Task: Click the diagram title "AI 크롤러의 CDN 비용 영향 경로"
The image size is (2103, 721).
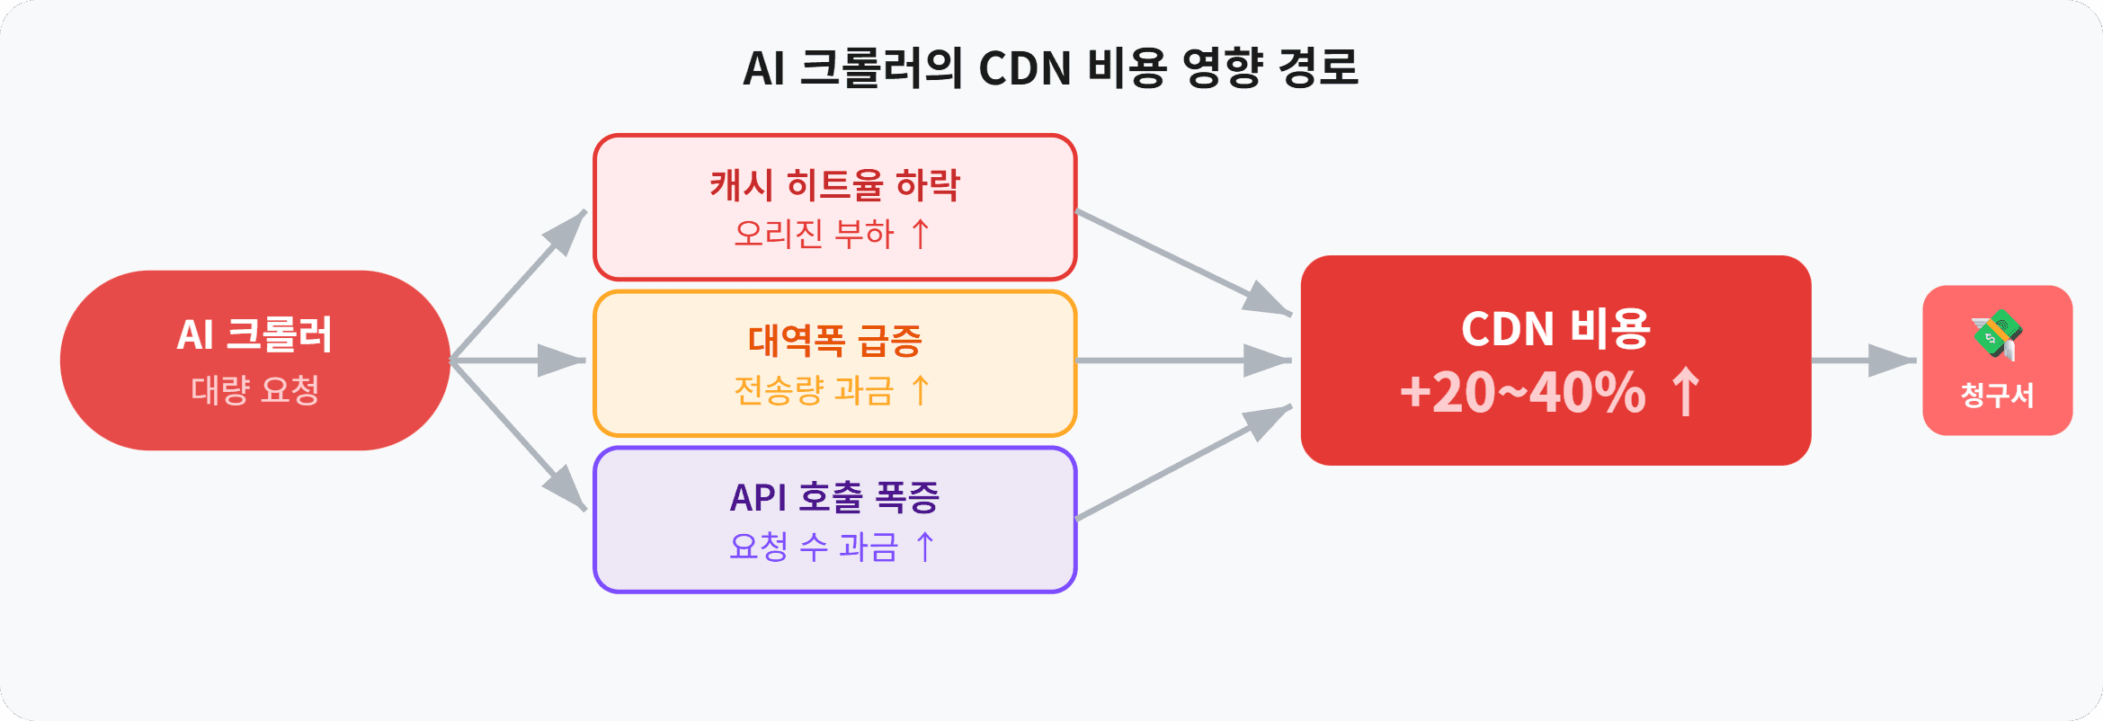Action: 1050,68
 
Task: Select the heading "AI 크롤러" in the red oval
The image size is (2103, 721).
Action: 254,334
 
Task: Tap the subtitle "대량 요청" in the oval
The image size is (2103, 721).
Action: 254,390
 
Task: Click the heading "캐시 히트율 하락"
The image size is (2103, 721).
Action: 834,185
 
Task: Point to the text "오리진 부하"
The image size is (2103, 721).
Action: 814,234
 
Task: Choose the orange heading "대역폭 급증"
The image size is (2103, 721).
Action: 834,341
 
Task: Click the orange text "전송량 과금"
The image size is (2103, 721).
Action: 814,390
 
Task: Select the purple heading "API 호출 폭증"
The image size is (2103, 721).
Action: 834,497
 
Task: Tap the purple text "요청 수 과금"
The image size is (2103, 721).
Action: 814,546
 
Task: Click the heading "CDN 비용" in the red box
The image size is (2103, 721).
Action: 1555,328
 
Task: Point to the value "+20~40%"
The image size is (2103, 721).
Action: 1522,393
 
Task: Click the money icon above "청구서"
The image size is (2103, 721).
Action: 1997,334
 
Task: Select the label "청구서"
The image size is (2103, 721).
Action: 1997,395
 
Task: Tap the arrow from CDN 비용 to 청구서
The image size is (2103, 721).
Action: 1863,360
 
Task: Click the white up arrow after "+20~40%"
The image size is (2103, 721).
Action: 1686,392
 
